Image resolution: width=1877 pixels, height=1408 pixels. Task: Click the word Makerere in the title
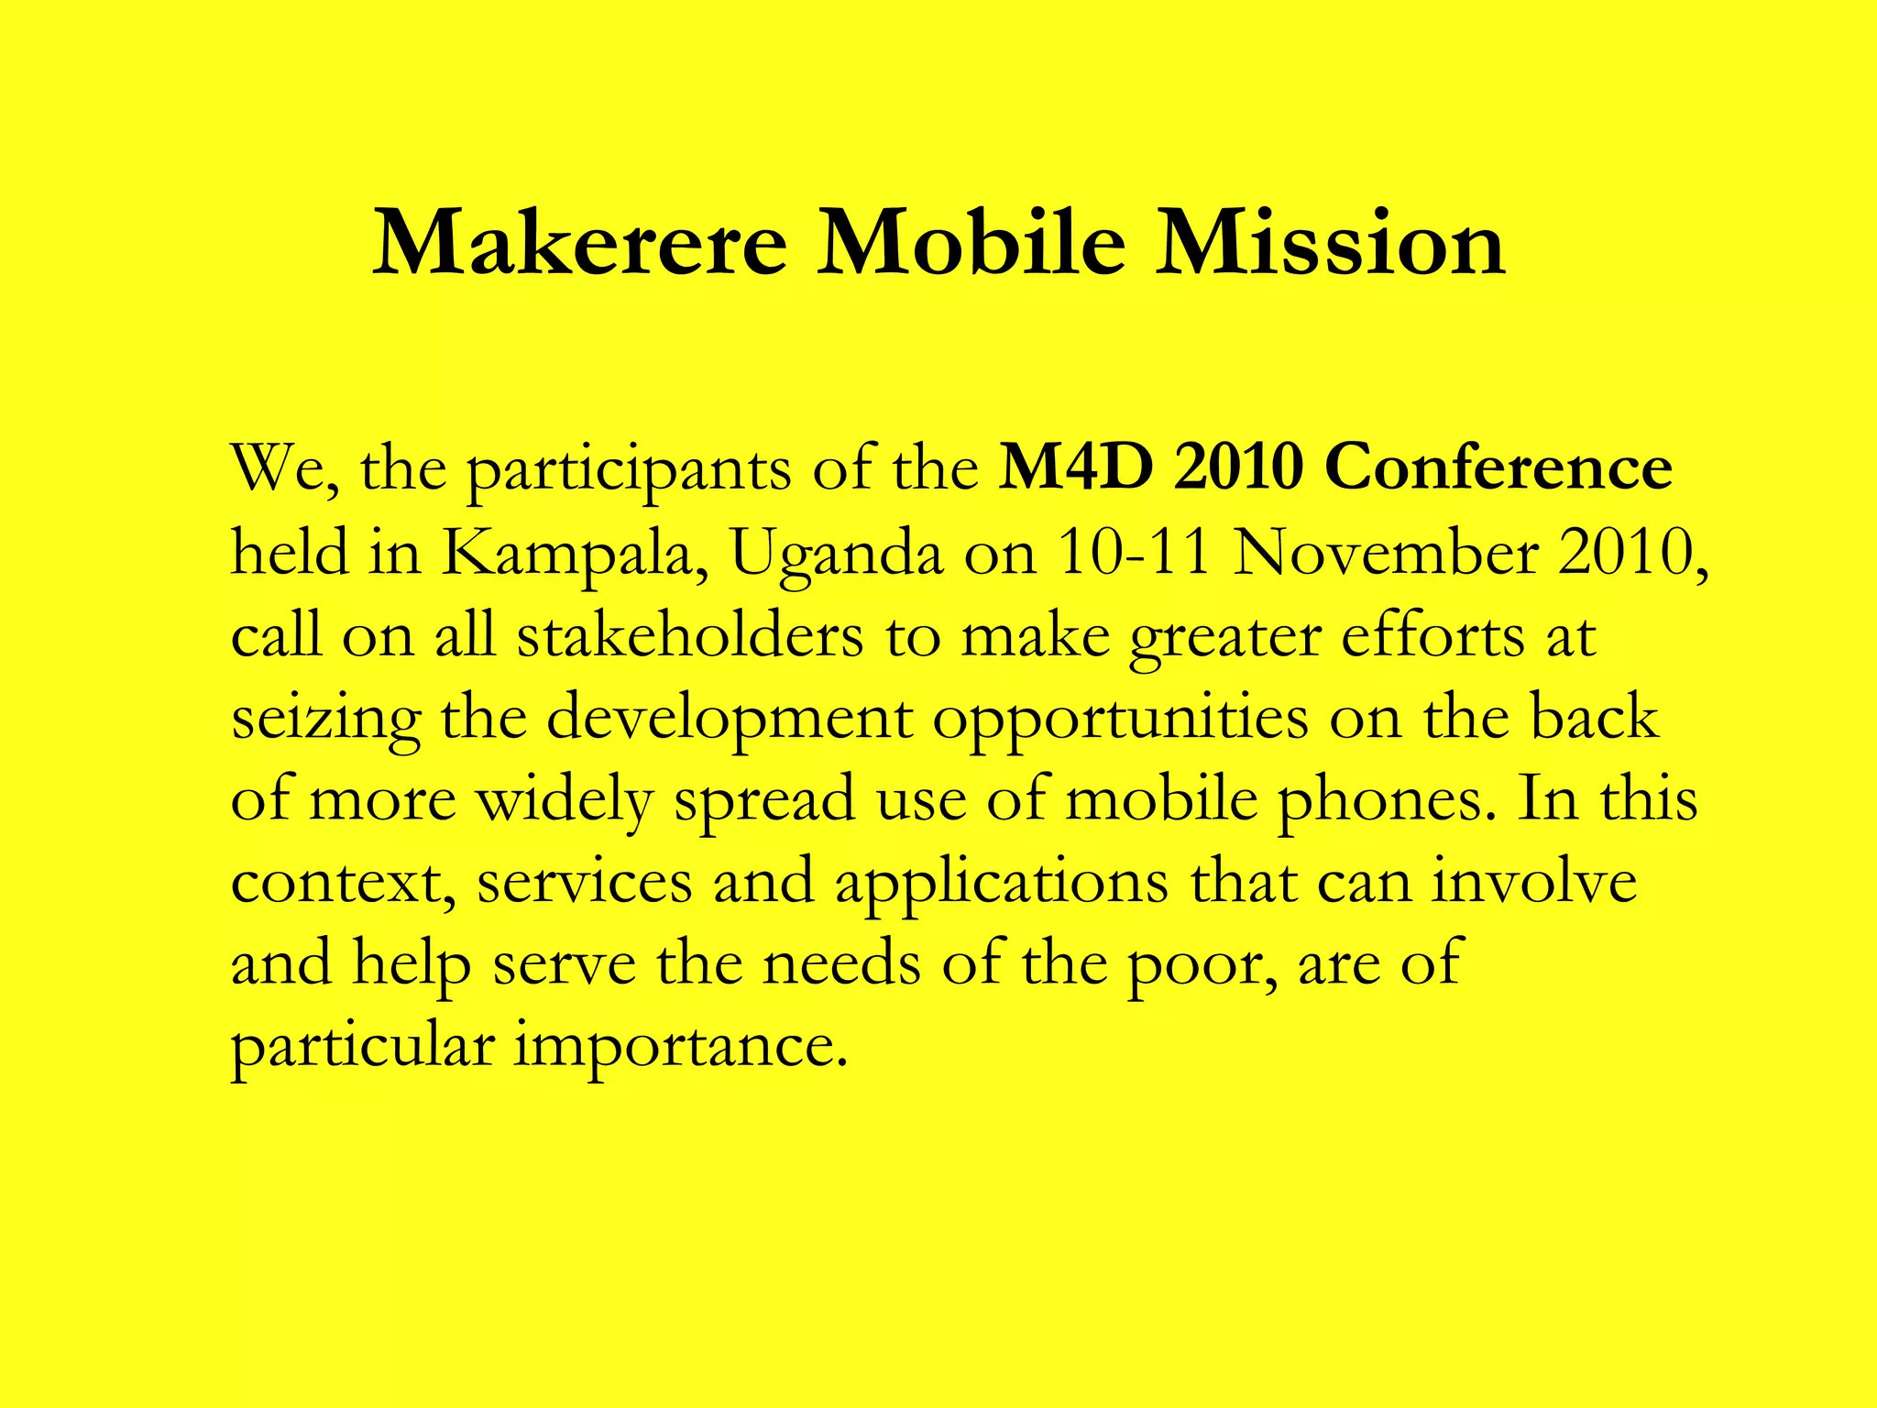(579, 244)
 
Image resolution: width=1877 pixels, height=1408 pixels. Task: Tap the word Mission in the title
(1330, 244)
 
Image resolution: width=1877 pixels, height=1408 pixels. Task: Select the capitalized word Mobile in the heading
(971, 244)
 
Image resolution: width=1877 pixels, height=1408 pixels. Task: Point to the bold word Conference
(1498, 467)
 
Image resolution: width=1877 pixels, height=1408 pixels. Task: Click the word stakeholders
(689, 635)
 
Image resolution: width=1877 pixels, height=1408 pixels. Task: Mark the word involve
(1534, 881)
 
